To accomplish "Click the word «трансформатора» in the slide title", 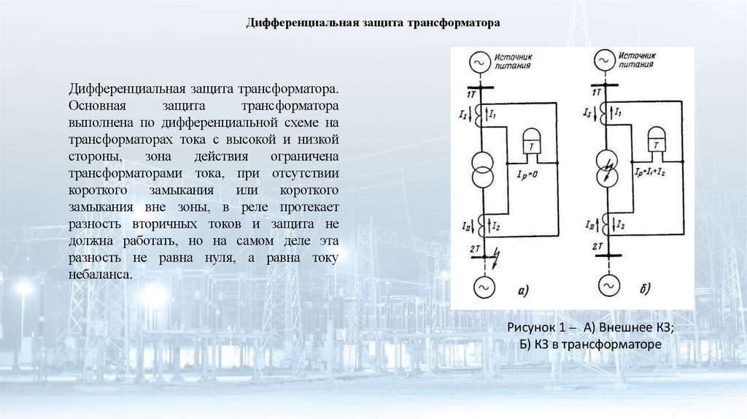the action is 458,23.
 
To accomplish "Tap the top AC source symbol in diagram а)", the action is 481,63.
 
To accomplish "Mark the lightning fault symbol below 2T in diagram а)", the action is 498,257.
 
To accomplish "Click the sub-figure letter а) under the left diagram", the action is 522,293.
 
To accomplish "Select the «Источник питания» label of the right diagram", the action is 634,59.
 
